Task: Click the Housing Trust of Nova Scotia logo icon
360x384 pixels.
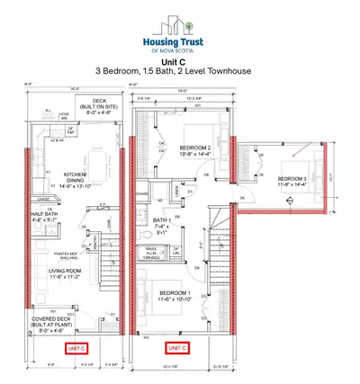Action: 180,24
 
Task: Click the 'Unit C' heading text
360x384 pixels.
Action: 179,59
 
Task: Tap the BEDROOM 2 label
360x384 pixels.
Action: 195,150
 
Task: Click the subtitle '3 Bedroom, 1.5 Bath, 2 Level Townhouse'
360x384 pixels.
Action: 179,70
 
